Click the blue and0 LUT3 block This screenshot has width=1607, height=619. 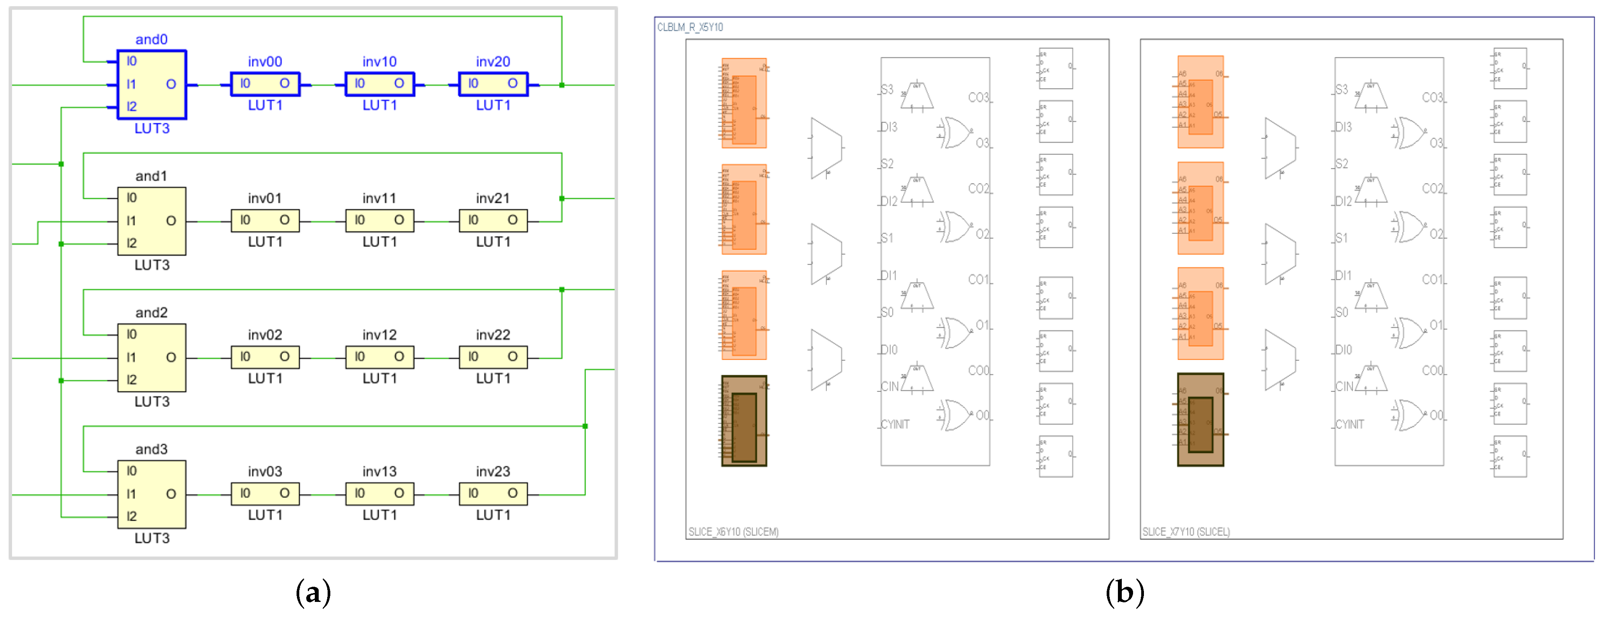pos(152,84)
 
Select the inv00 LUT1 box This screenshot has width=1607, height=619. pos(265,83)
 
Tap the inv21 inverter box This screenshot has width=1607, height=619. pos(493,220)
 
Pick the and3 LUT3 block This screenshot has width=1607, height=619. pos(152,494)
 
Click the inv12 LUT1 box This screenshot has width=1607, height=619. pos(379,357)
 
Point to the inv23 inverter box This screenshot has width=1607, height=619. pos(493,494)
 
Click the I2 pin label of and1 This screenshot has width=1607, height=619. pos(132,243)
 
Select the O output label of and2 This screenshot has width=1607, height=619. pos(171,358)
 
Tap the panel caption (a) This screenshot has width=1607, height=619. pos(313,591)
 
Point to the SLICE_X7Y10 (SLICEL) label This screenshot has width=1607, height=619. pos(1186,532)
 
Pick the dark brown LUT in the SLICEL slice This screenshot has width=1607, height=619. pos(1200,420)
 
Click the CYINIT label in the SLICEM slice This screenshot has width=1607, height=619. pos(895,424)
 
